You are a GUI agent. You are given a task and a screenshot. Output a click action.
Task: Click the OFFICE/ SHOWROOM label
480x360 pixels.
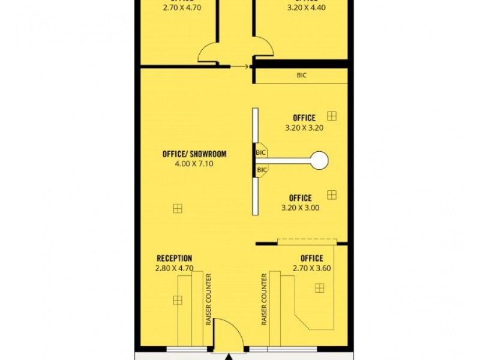point(194,154)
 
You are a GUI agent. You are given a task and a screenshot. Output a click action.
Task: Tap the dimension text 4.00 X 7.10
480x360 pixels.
point(194,163)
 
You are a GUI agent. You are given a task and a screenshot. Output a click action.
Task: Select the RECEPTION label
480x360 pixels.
point(175,259)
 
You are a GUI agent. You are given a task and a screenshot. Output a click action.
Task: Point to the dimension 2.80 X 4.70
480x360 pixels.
point(175,268)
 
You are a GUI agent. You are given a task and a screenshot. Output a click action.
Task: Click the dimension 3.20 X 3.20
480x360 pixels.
point(304,128)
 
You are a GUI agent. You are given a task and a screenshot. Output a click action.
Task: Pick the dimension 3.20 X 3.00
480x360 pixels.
point(300,208)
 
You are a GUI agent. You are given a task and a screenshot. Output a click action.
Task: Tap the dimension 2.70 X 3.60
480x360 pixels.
point(312,268)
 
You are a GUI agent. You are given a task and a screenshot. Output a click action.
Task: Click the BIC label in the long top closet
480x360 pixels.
point(302,76)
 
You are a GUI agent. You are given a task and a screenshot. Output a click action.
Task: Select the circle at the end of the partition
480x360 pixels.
point(319,160)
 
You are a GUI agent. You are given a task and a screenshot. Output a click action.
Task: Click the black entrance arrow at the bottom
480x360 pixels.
point(229,356)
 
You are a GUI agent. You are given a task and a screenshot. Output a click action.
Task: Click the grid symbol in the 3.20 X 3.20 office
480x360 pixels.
point(332,116)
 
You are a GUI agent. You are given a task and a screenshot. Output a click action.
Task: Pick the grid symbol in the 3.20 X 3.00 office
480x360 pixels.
point(332,195)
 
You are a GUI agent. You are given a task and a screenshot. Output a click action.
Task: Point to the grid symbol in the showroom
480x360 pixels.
point(177,208)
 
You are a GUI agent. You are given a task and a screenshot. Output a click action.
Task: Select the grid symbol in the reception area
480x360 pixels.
point(177,300)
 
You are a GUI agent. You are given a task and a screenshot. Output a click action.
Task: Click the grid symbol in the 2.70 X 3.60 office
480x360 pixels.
point(320,288)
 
